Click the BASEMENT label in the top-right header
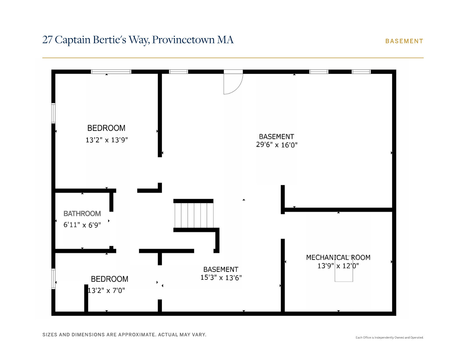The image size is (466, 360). tap(404, 41)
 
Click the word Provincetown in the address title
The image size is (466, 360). tap(183, 40)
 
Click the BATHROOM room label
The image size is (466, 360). tap(82, 214)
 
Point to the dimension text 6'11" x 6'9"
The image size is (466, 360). tap(82, 225)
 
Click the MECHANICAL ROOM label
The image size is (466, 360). tap(338, 258)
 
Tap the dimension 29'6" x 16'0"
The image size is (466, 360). tap(276, 145)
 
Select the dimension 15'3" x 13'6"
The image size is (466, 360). tap(221, 278)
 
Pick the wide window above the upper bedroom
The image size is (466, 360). tap(111, 72)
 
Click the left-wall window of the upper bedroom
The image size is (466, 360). tap(53, 113)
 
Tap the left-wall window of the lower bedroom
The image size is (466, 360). tap(53, 279)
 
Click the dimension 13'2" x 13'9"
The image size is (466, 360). tap(106, 140)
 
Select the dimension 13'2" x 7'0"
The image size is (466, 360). tap(106, 291)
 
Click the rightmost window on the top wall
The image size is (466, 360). tap(361, 72)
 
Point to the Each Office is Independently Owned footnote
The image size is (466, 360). tap(389, 337)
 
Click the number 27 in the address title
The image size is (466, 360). tap(47, 40)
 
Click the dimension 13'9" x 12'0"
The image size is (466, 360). tap(338, 266)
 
